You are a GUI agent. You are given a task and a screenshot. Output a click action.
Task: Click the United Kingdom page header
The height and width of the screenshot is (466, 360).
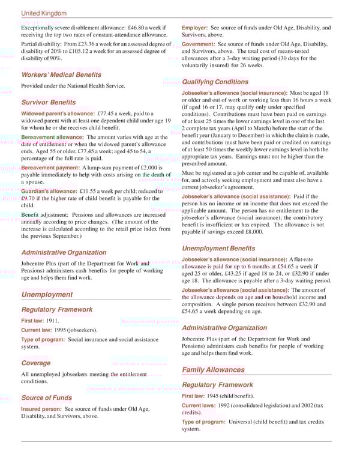44,13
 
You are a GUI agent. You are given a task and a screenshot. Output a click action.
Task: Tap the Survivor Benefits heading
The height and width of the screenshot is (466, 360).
48,102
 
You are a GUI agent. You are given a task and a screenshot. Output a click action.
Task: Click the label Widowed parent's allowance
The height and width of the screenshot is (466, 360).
57,113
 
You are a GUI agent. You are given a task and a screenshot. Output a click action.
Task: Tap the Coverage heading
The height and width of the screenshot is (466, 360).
36,363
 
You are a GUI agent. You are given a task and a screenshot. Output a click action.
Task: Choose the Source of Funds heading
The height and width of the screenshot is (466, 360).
46,398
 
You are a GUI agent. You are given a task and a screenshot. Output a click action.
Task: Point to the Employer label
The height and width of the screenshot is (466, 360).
195,28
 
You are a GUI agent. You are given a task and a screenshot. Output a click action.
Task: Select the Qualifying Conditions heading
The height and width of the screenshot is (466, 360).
215,82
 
